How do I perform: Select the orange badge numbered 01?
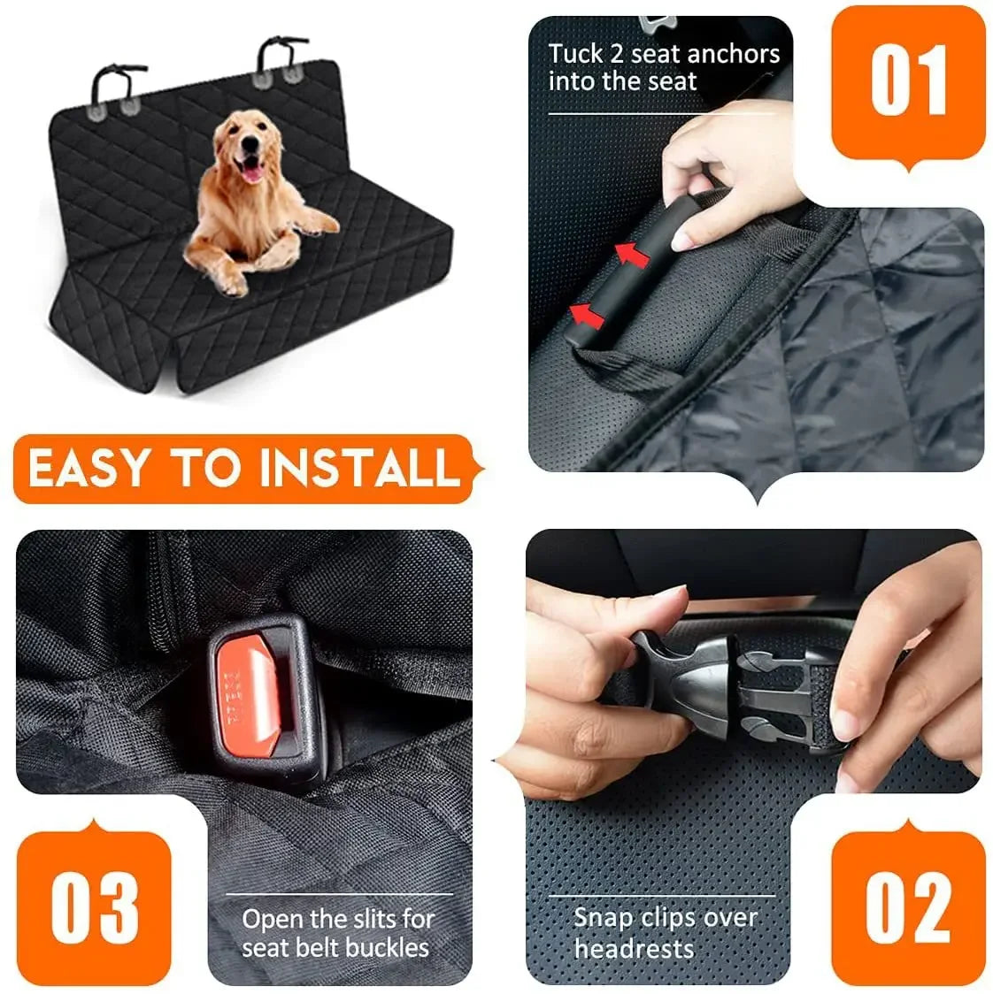click(x=907, y=81)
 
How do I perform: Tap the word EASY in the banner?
click(x=86, y=469)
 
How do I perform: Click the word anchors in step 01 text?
click(x=733, y=54)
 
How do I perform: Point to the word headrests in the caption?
click(x=634, y=950)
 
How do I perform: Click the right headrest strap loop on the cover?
click(x=278, y=57)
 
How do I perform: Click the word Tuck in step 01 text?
click(x=574, y=54)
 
